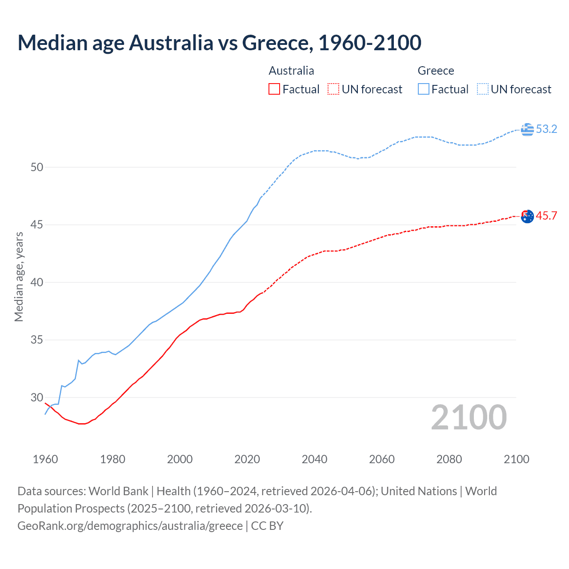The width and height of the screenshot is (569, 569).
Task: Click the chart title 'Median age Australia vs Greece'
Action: pos(219,43)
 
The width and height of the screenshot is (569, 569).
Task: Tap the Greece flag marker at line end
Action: pos(527,129)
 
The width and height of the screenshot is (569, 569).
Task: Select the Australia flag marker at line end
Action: pos(527,216)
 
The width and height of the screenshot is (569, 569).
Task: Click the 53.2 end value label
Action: pos(546,129)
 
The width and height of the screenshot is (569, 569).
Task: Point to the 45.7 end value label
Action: pos(546,216)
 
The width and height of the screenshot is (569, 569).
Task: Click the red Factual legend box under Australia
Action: pos(274,89)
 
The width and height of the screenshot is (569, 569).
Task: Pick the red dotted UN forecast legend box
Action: pos(333,89)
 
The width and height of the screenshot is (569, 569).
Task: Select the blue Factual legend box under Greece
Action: pos(424,89)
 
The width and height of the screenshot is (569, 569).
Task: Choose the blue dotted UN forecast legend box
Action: pos(483,89)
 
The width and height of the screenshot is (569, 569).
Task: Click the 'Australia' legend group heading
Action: pos(291,71)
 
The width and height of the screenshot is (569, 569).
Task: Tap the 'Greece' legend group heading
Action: pos(436,71)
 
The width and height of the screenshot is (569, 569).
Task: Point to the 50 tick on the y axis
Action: pos(37,168)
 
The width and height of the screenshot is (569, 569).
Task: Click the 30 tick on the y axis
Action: pos(37,397)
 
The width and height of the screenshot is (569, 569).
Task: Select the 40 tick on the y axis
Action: pos(37,283)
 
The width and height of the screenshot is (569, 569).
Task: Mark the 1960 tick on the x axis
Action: pos(45,459)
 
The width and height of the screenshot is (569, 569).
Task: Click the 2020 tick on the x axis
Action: pos(247,459)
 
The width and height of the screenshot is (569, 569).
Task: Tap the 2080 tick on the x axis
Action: pos(449,459)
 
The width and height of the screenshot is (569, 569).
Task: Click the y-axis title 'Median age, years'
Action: pos(19,276)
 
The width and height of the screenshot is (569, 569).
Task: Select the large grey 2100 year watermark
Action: pos(469,417)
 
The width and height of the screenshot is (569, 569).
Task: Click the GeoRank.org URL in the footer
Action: pos(130,526)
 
